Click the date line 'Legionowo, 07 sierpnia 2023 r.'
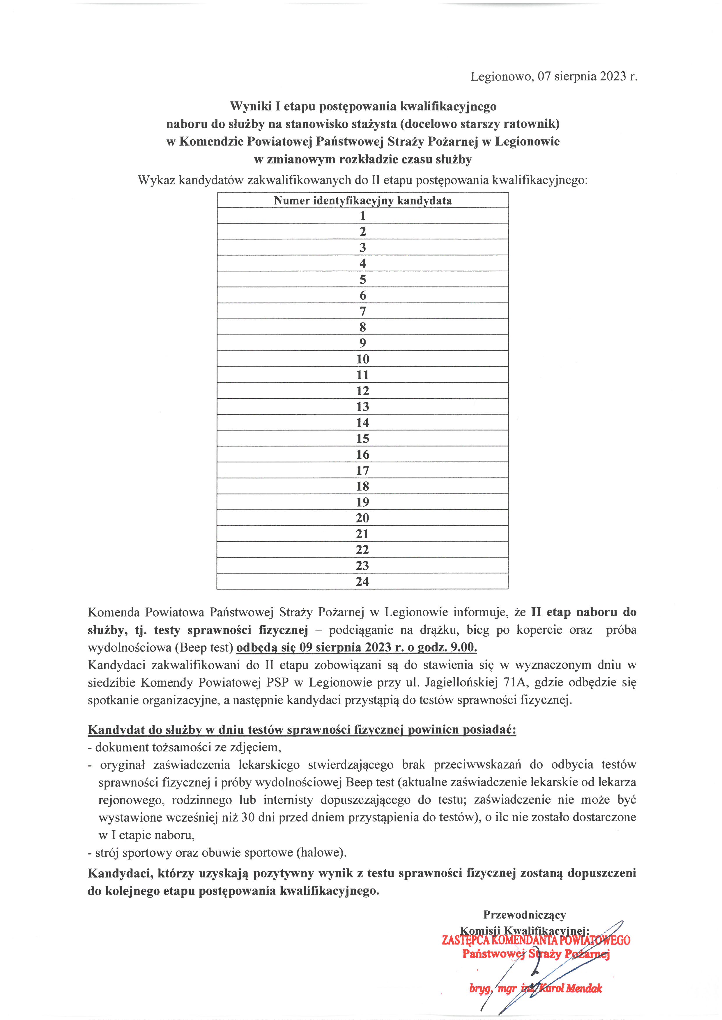point(553,76)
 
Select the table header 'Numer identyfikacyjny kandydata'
point(362,200)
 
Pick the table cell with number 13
point(362,407)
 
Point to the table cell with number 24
point(362,581)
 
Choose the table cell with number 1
point(362,216)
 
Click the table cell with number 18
point(362,486)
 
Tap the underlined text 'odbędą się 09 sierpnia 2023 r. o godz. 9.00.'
point(357,647)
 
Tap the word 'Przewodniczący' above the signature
point(525,915)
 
